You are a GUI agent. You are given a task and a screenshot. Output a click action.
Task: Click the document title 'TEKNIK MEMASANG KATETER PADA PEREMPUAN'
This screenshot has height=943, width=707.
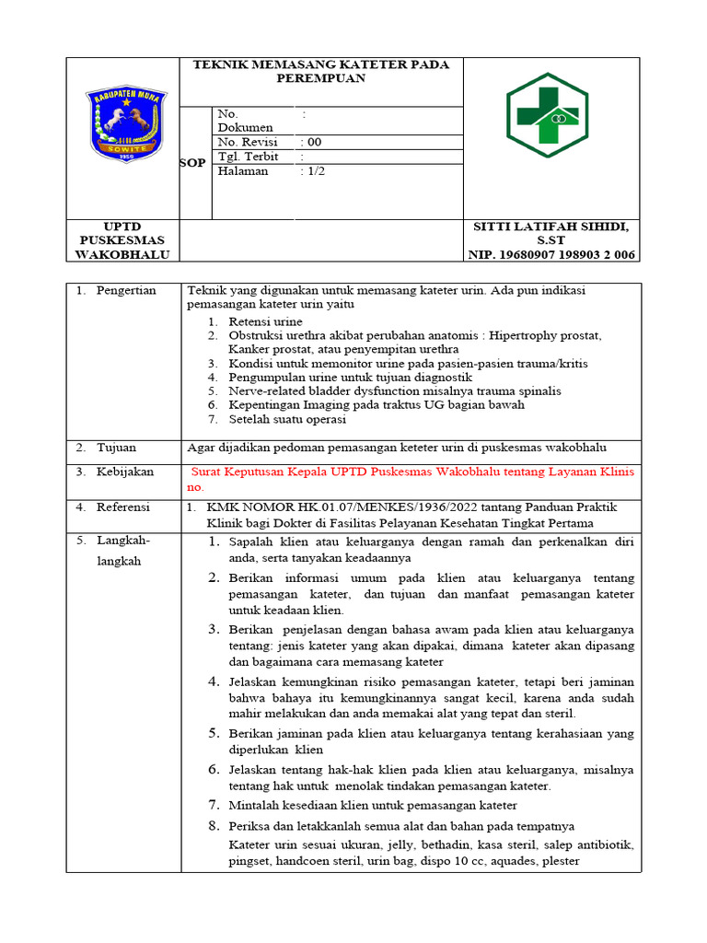(320, 71)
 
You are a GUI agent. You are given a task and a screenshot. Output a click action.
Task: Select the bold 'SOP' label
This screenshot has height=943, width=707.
(192, 162)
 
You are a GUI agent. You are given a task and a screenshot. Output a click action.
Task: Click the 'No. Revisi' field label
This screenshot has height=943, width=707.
(248, 142)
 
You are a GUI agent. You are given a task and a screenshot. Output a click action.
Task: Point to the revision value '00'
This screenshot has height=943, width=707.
(314, 142)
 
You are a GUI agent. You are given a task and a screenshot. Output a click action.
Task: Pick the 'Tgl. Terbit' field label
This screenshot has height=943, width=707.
(248, 157)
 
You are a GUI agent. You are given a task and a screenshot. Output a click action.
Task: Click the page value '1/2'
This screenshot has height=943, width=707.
(315, 170)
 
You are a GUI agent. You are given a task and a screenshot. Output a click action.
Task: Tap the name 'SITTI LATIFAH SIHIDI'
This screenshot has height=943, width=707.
(551, 227)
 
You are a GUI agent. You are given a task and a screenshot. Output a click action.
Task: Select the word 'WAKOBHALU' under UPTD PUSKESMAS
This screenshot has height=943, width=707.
(124, 255)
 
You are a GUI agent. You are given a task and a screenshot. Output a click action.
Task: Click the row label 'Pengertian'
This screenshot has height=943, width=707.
(126, 290)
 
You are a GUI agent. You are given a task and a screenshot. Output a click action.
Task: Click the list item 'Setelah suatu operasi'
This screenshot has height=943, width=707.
(287, 419)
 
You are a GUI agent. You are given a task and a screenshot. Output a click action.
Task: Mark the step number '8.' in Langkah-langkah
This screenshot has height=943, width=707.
(213, 825)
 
